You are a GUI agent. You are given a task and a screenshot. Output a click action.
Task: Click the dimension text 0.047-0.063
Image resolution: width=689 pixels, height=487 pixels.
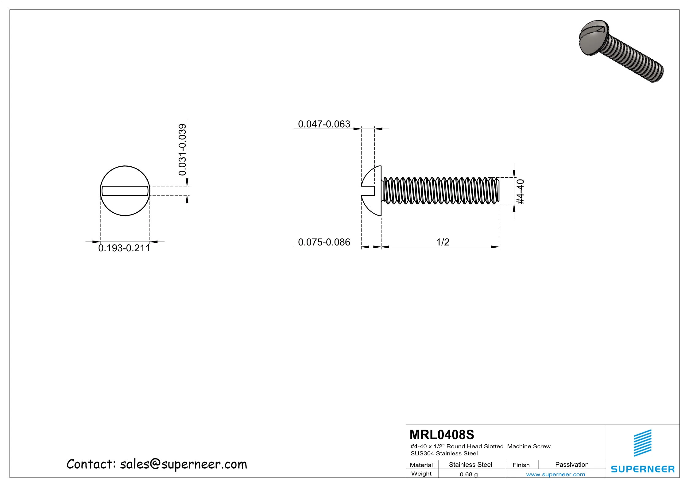pos(324,124)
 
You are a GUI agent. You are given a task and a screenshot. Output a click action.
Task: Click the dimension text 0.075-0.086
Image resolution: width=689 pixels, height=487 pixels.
pos(324,242)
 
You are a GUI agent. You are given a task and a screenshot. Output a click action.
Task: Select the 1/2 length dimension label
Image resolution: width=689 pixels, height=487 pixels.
pos(443,242)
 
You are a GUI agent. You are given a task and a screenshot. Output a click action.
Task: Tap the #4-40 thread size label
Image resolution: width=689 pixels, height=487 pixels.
pos(521,192)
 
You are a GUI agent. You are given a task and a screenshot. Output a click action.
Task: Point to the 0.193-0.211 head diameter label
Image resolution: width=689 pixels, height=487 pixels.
pos(124,248)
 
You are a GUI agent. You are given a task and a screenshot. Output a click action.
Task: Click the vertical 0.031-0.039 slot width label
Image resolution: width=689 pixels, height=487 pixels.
pos(183,149)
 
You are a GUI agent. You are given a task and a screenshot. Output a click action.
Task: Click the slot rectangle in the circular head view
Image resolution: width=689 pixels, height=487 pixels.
pos(125,191)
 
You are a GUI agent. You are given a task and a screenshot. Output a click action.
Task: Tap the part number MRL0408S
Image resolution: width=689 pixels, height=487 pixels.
pos(442,435)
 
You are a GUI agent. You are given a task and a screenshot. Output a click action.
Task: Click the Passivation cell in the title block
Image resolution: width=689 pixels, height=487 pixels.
pos(571,465)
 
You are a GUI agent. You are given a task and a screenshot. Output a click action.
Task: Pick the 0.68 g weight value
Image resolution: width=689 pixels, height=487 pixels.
pos(469,474)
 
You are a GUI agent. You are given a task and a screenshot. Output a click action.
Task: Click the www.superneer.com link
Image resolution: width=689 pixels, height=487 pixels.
pos(555,474)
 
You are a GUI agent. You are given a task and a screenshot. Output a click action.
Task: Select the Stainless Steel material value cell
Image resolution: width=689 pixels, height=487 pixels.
pos(470,465)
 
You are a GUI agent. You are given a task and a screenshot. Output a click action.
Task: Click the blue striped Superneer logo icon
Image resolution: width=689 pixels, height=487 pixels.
pos(642,443)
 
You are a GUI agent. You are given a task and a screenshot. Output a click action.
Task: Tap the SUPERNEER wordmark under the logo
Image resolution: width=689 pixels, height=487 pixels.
pos(642,469)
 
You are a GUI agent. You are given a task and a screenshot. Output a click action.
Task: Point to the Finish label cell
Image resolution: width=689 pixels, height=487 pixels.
pos(521,465)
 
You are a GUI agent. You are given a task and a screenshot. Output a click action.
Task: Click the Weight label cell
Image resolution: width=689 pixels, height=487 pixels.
pos(421,474)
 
